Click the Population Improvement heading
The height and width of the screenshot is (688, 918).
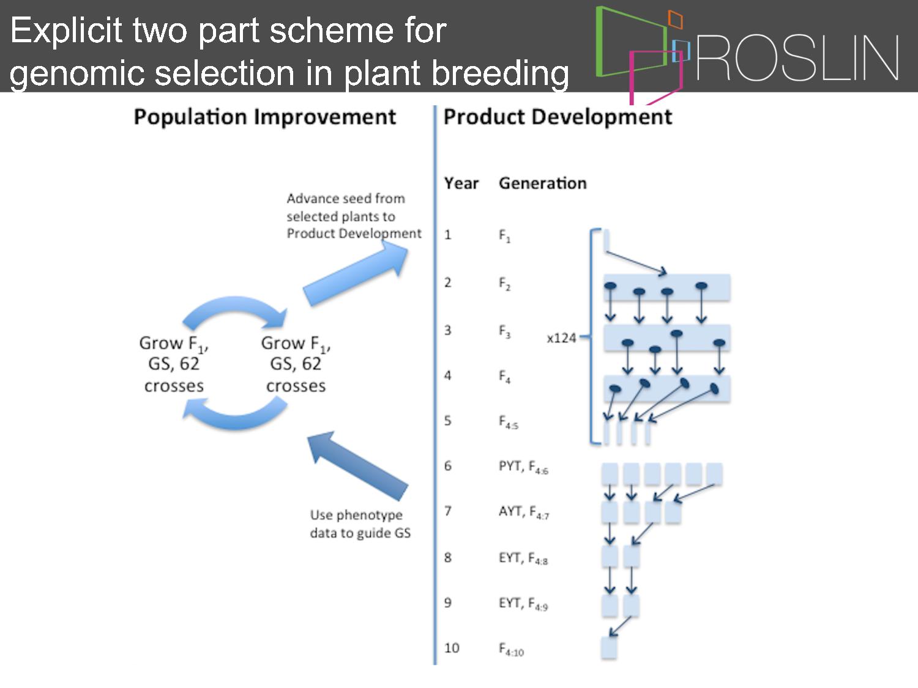pyautogui.click(x=265, y=117)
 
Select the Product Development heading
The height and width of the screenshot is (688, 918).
pyautogui.click(x=558, y=117)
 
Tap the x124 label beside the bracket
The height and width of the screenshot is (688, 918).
pyautogui.click(x=561, y=338)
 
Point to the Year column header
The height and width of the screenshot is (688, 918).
pyautogui.click(x=461, y=183)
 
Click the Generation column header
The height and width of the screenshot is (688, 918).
pyautogui.click(x=543, y=183)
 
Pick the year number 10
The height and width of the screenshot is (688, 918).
pyautogui.click(x=452, y=648)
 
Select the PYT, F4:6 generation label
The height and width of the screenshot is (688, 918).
pyautogui.click(x=523, y=467)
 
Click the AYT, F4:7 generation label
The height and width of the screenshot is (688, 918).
pyautogui.click(x=524, y=512)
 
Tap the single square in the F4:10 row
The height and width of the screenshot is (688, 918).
pyautogui.click(x=609, y=648)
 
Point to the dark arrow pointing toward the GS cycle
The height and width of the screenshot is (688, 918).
pyautogui.click(x=357, y=466)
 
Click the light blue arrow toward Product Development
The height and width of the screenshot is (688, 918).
pyautogui.click(x=356, y=274)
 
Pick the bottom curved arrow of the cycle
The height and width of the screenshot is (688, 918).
pyautogui.click(x=235, y=413)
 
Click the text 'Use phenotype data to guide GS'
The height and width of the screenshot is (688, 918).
pyautogui.click(x=360, y=524)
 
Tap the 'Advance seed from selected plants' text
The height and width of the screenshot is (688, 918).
pyautogui.click(x=354, y=216)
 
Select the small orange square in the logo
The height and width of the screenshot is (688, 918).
pyautogui.click(x=676, y=20)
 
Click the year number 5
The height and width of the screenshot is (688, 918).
pyautogui.click(x=447, y=420)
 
